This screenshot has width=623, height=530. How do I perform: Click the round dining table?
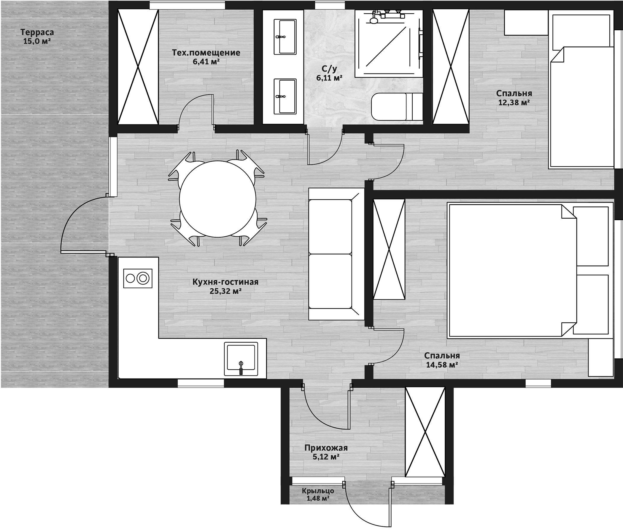click(x=217, y=199)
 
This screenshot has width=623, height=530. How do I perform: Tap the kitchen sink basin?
click(x=241, y=359)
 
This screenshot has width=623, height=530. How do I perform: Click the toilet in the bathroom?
click(x=397, y=107)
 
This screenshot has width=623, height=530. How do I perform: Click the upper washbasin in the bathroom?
click(x=285, y=37)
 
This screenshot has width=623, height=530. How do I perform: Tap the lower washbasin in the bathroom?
click(x=285, y=96)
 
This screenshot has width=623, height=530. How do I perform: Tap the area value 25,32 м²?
click(x=226, y=291)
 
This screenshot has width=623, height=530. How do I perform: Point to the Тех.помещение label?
click(x=206, y=53)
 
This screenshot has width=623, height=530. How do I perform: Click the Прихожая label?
click(x=326, y=448)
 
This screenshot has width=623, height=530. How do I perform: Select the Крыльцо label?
click(x=318, y=491)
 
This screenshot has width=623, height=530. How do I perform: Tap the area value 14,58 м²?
click(x=442, y=365)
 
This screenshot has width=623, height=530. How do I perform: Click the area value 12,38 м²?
click(x=514, y=102)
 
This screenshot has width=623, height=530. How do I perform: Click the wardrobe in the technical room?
click(x=138, y=66)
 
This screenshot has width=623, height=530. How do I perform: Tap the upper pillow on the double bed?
click(x=591, y=236)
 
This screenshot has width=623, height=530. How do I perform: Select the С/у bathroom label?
click(x=329, y=69)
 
